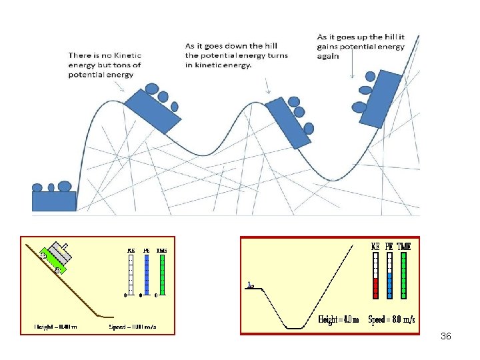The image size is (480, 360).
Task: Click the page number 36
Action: [x=446, y=337]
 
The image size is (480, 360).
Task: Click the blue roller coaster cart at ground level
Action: [x=54, y=201]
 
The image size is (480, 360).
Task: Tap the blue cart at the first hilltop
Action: [x=153, y=111]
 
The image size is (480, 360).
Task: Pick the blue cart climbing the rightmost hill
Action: [x=379, y=99]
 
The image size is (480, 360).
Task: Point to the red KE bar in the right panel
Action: [x=375, y=287]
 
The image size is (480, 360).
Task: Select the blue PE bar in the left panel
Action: [x=146, y=274]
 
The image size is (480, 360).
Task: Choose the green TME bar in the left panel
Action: [x=161, y=274]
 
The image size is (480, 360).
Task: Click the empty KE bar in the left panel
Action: [x=131, y=274]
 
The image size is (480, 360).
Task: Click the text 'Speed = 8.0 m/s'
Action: [x=392, y=319]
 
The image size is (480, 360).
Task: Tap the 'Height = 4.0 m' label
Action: [x=338, y=319]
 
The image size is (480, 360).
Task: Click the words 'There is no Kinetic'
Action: [x=104, y=56]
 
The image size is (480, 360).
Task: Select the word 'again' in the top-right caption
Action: [x=328, y=56]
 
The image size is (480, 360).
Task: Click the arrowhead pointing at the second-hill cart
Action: [x=268, y=91]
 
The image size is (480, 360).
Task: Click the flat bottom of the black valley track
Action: [x=295, y=328]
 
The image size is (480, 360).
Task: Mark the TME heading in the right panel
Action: [x=404, y=246]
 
